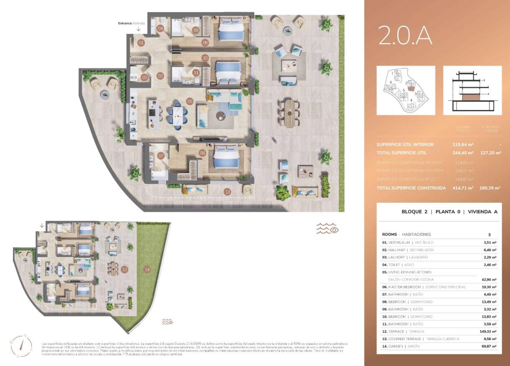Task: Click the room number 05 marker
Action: click(190, 101)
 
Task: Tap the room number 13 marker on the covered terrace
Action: click(227, 192)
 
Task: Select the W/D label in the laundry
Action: click(133, 77)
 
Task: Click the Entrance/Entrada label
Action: click(132, 23)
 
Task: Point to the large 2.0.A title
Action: click(405, 35)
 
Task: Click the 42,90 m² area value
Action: click(488, 280)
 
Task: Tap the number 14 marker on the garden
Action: click(147, 270)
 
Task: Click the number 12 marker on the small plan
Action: click(124, 270)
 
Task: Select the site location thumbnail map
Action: click(406, 90)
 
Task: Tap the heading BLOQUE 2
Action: click(414, 212)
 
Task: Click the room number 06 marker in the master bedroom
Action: click(203, 153)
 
